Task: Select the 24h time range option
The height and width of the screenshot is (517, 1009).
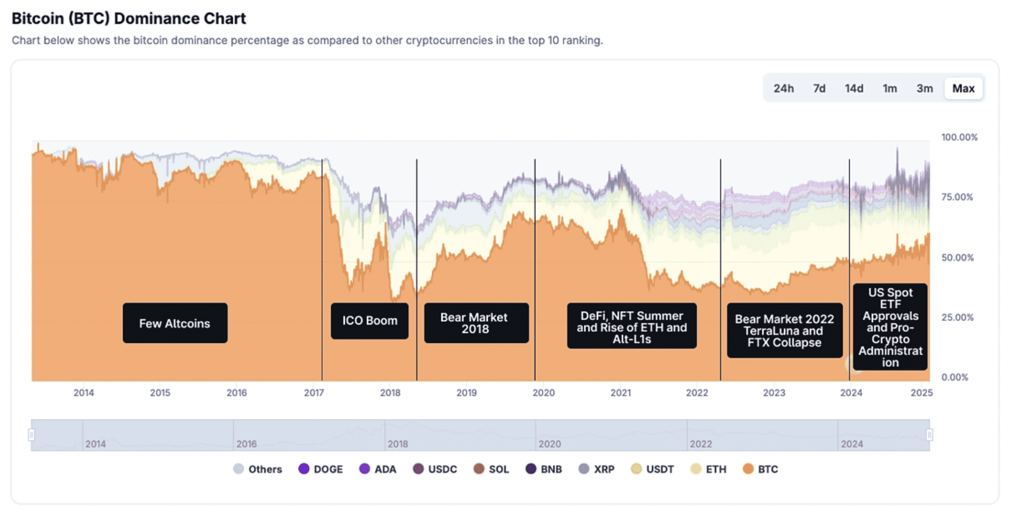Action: (x=784, y=88)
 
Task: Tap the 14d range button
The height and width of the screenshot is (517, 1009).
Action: (x=854, y=88)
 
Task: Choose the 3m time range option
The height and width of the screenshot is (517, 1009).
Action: (x=924, y=88)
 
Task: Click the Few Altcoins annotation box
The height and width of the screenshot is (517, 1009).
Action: (x=175, y=323)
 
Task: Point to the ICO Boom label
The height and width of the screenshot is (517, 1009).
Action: (x=369, y=320)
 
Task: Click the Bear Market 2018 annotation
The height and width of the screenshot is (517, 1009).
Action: (x=476, y=323)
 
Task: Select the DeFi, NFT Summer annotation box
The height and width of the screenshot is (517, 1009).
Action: (x=631, y=326)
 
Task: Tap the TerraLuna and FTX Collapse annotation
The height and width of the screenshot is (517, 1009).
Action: (x=784, y=330)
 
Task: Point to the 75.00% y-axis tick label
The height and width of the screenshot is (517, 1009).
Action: (x=957, y=197)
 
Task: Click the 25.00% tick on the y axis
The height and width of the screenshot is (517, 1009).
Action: (x=957, y=317)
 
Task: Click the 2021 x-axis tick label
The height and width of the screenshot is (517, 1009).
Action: (x=620, y=392)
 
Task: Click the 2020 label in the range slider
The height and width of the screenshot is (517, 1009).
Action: (x=549, y=444)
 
